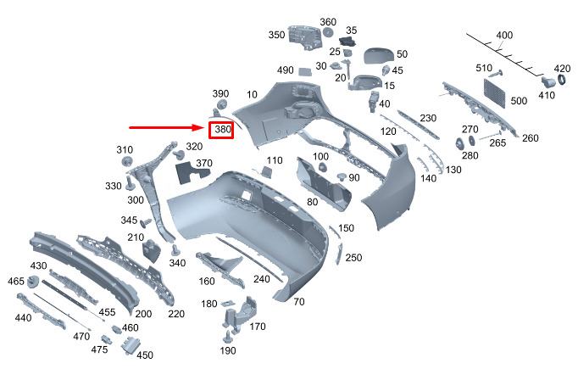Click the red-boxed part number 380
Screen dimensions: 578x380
pyautogui.click(x=223, y=130)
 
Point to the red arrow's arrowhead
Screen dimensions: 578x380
pyautogui.click(x=199, y=127)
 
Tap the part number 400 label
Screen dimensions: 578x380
pyautogui.click(x=504, y=35)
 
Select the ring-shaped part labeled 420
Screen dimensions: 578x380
pyautogui.click(x=562, y=80)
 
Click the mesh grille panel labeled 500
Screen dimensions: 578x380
pyautogui.click(x=495, y=93)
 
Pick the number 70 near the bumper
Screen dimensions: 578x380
pyautogui.click(x=299, y=302)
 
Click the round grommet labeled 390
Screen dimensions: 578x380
pyautogui.click(x=222, y=103)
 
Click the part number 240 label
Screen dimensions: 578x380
pyautogui.click(x=261, y=279)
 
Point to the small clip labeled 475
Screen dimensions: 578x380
pyautogui.click(x=106, y=339)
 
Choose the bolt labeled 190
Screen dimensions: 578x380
pyautogui.click(x=228, y=337)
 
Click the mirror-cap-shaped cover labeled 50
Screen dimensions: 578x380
pyautogui.click(x=379, y=56)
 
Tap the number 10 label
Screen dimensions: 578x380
pyautogui.click(x=252, y=94)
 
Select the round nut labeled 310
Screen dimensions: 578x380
pyautogui.click(x=127, y=161)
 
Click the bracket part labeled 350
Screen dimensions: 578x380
pyautogui.click(x=304, y=37)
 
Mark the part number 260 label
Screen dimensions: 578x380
pyautogui.click(x=530, y=138)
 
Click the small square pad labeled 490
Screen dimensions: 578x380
pyautogui.click(x=304, y=71)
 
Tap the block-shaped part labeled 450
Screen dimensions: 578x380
pyautogui.click(x=130, y=346)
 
